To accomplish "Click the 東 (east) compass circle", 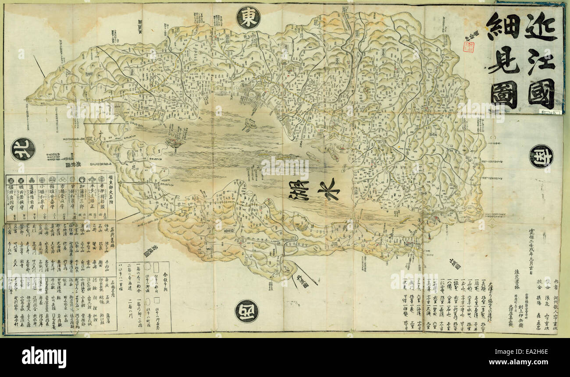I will click(248, 18).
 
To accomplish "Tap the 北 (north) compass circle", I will click(23, 149).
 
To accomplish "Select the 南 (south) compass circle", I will click(541, 156).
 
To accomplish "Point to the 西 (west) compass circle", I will click(246, 311).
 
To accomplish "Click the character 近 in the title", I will click(540, 26).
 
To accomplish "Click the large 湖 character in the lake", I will click(299, 190).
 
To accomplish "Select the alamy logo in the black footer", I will click(44, 357).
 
